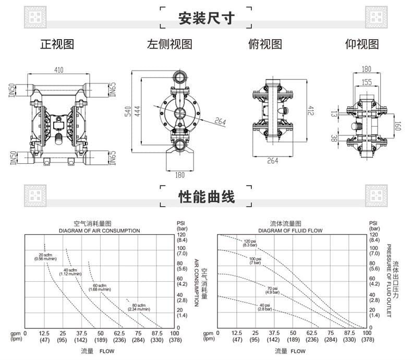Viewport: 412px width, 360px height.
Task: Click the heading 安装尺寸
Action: click(206, 18)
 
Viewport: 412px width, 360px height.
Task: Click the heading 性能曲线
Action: click(206, 196)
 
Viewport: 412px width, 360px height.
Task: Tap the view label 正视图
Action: click(57, 44)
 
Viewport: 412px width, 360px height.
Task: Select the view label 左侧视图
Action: click(169, 44)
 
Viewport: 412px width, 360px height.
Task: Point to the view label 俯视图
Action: click(265, 44)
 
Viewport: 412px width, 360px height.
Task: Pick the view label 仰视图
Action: click(362, 44)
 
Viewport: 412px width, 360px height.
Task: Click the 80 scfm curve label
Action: click(138, 307)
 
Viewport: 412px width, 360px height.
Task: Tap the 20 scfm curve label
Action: click(46, 256)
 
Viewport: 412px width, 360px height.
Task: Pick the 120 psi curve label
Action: click(250, 243)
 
